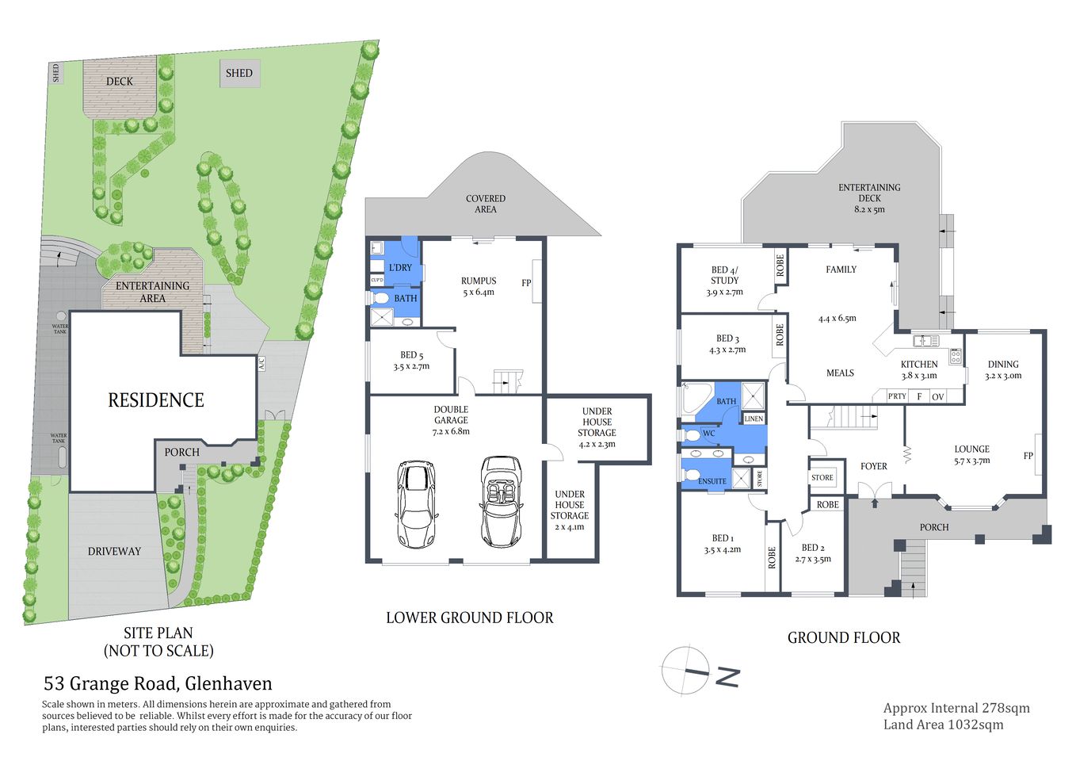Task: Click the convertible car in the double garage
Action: point(502,502)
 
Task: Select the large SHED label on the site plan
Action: point(238,74)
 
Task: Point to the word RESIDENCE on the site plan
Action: point(156,400)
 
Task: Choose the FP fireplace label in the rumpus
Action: point(526,283)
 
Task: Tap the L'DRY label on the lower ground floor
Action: point(401,268)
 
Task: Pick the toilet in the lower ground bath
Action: point(380,298)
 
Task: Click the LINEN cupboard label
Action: point(754,419)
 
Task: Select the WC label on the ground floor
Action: point(709,434)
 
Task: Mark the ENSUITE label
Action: point(712,481)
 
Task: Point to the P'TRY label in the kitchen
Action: point(896,396)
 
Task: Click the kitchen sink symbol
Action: point(925,341)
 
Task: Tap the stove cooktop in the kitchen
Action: point(956,356)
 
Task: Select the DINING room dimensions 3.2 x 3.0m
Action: point(1003,376)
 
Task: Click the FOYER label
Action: point(874,466)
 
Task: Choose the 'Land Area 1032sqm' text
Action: point(943,725)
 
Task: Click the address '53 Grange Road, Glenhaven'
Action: point(158,683)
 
